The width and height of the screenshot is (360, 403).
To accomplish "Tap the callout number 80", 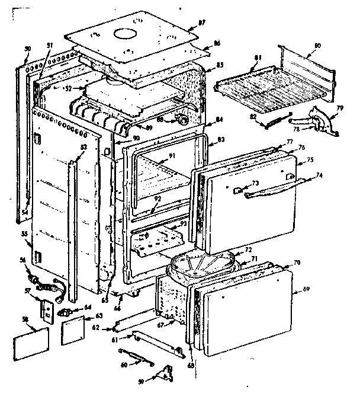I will point(317,46).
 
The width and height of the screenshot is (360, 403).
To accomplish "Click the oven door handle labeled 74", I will point(272,192).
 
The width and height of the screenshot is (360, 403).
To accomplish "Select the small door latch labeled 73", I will point(237,190).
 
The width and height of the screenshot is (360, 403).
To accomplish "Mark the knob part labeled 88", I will point(184,120).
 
